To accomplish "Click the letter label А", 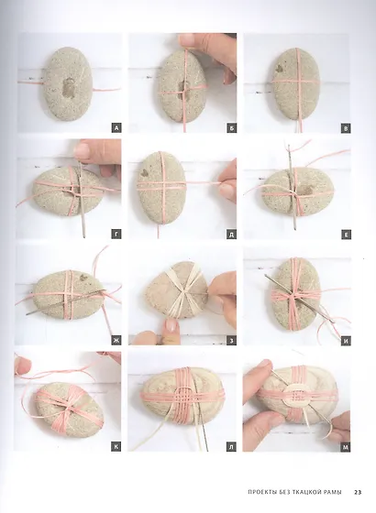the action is (x=116, y=128).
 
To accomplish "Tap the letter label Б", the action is (x=231, y=128).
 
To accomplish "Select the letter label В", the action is (x=346, y=128).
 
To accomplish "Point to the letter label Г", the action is (x=116, y=235).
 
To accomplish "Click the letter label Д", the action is (x=231, y=235).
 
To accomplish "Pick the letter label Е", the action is (x=346, y=235).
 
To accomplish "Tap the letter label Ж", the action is (x=116, y=341).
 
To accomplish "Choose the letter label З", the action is (x=231, y=341).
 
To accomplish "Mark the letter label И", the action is (x=346, y=341).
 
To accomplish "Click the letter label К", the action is (x=116, y=447).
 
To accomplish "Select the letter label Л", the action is (x=231, y=447).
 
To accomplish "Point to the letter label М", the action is (x=346, y=447).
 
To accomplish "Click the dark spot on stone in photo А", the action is (x=68, y=88).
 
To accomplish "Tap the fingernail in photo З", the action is (x=171, y=325).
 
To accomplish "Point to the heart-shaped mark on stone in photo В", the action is (x=279, y=68).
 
